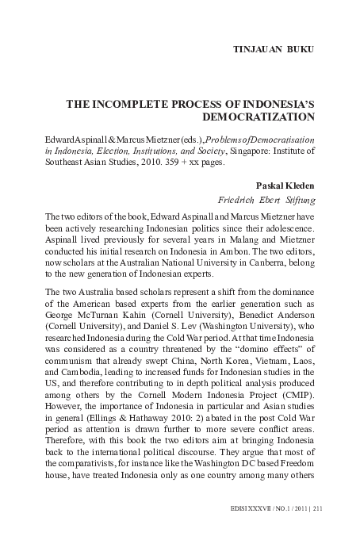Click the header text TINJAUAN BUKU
pyautogui.click(x=273, y=49)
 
